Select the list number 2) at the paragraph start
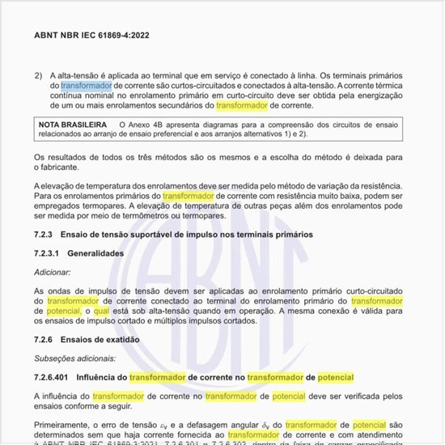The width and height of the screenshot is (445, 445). [x=38, y=74]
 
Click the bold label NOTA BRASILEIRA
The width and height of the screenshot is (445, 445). [x=74, y=125]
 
